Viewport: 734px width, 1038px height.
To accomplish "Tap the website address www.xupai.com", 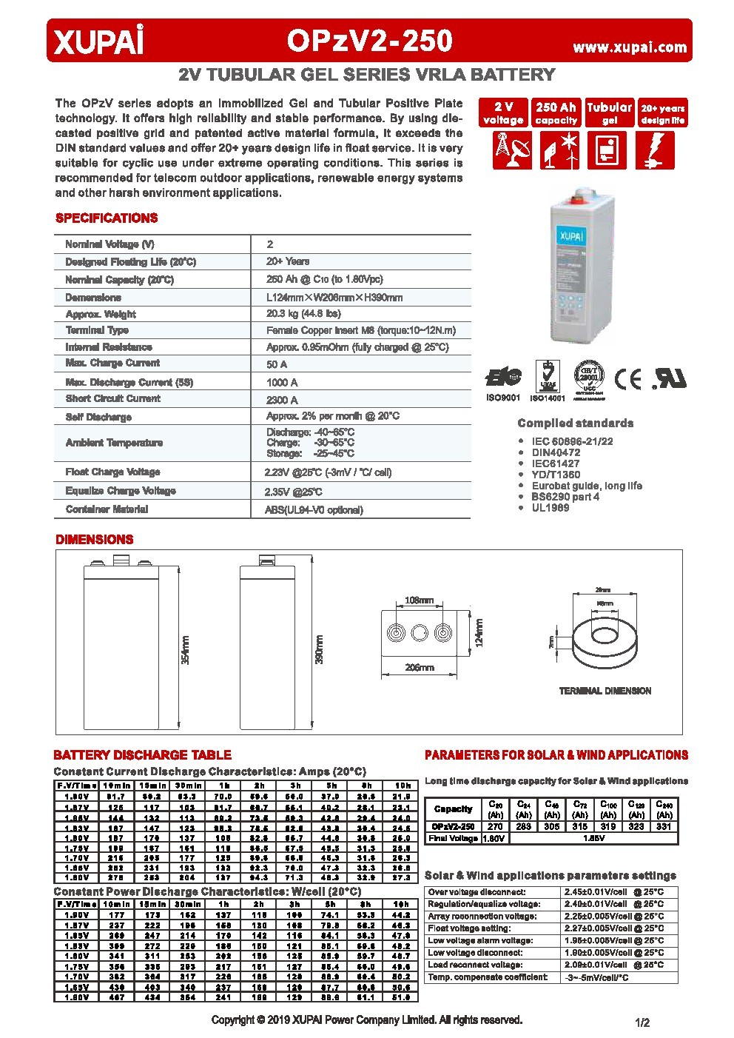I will (630, 47).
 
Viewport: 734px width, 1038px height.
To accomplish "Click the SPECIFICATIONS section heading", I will (107, 218).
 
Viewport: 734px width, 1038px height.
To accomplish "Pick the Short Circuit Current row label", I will (112, 399).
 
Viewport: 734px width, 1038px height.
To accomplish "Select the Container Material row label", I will (107, 509).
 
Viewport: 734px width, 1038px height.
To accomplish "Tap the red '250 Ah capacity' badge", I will (556, 113).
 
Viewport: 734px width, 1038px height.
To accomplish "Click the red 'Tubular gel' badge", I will (609, 113).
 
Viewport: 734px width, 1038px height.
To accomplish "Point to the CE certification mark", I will (628, 379).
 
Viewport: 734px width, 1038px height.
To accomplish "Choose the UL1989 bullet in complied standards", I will (550, 508).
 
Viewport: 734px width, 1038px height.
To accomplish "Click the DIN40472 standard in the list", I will (556, 452).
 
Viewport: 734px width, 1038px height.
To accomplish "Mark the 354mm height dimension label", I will (185, 649).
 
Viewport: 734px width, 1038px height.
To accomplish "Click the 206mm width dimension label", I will (419, 668).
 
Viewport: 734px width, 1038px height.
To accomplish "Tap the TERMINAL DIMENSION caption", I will (605, 691).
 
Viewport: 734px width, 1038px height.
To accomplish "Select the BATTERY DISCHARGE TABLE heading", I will (142, 755).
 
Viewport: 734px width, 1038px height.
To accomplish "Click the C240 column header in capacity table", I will (664, 808).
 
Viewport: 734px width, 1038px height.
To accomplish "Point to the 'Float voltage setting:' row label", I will (469, 928).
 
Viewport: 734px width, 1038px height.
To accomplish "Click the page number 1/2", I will (642, 1022).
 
